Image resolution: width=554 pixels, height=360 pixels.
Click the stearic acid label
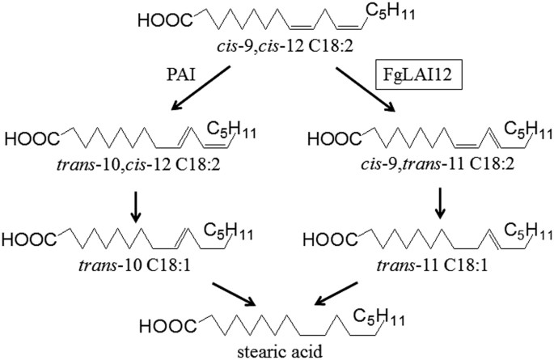276,350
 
